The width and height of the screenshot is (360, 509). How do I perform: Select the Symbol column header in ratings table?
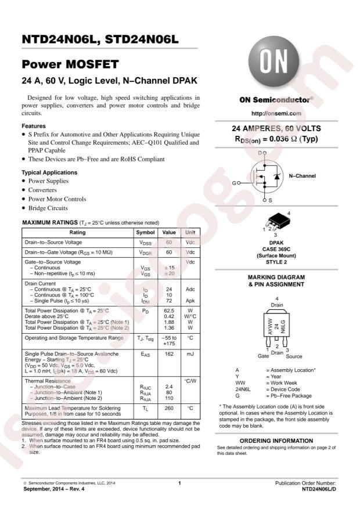coord(145,232)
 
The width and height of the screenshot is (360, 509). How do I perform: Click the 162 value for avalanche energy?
coord(169,353)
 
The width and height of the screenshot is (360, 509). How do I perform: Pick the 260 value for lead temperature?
coord(169,408)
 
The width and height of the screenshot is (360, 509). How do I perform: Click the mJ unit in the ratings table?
coord(190,353)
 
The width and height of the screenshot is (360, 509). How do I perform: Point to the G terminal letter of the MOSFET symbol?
coord(234,182)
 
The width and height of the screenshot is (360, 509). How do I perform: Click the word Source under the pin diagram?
coord(294,355)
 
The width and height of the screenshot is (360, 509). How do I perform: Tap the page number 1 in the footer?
coord(180,483)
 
